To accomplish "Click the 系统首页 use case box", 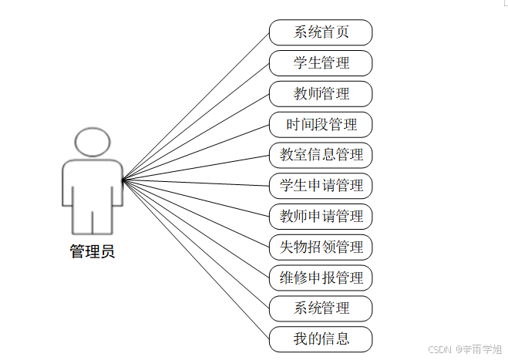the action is pos(321,32).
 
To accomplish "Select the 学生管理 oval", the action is pos(321,63).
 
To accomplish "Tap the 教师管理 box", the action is pos(321,94).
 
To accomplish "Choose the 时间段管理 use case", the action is pos(321,124).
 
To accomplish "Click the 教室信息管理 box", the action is pos(321,155).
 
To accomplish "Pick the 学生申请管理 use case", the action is pos(321,186).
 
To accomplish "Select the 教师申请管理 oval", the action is pos(321,216).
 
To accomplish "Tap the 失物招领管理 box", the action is pos(321,247).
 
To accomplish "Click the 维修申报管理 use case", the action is pos(321,278).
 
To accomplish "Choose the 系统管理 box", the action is pos(321,308).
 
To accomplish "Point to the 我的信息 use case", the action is pos(321,338).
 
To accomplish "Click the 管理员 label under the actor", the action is pos(93,251).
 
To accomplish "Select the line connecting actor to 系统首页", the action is pos(196,106).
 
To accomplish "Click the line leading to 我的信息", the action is pos(196,259).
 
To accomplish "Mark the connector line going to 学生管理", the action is pos(196,122).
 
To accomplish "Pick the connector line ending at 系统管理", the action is pos(196,244).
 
